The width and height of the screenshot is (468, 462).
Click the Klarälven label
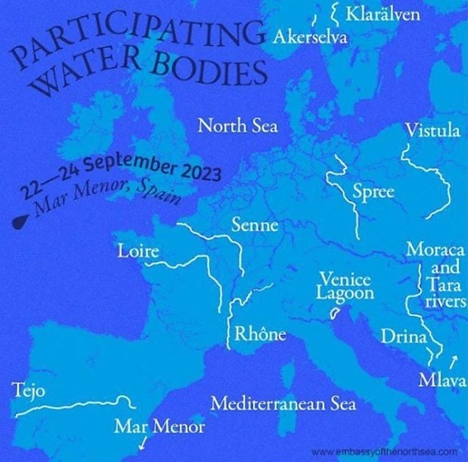(383, 14)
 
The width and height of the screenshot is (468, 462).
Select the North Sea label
(237, 126)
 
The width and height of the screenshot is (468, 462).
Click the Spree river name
(373, 191)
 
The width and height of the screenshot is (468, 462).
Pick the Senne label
(254, 225)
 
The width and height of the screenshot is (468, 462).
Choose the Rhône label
(260, 334)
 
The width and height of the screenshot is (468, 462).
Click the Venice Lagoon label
(346, 286)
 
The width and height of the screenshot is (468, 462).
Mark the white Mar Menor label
(159, 427)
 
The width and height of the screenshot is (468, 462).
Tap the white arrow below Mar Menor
(142, 444)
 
